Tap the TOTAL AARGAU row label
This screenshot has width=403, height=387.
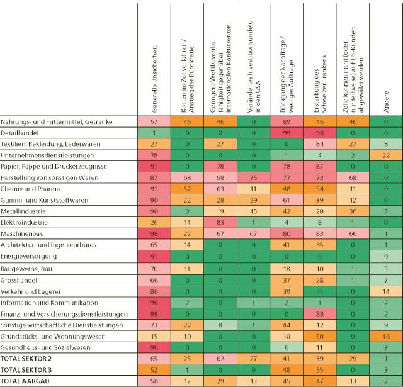(25, 381)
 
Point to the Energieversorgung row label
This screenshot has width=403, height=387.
(28, 257)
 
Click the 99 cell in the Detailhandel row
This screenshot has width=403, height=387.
(285, 133)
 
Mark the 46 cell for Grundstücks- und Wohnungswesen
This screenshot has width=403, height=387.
(385, 335)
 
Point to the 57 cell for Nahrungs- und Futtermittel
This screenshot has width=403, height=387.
(154, 121)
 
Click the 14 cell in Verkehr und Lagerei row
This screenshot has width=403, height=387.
(385, 291)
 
